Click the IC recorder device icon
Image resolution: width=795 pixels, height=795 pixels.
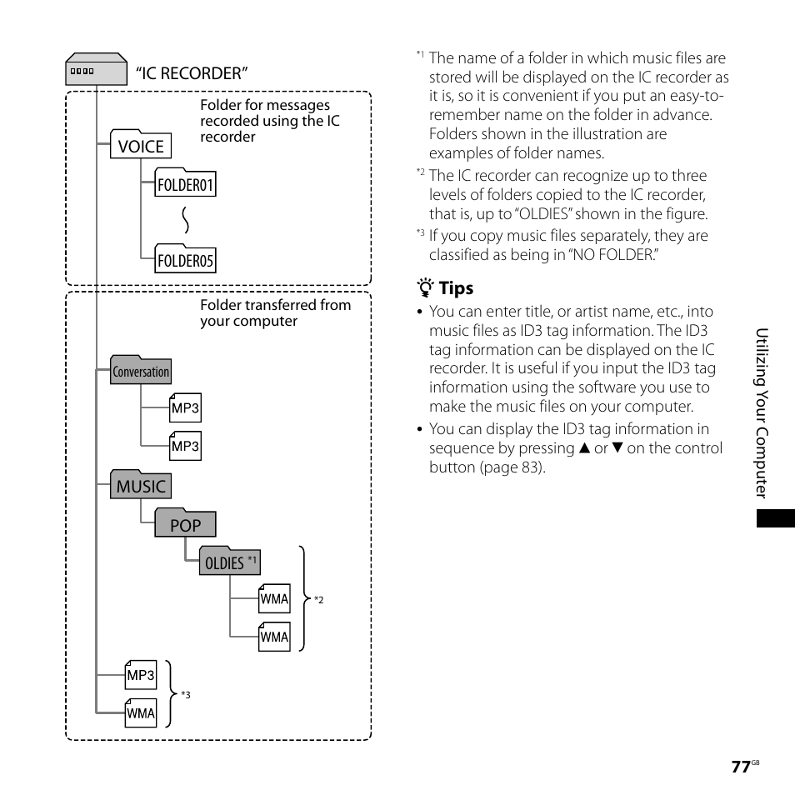pos(83,72)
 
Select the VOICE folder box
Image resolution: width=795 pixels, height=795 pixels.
pos(141,146)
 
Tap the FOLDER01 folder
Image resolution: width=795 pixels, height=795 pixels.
pos(186,184)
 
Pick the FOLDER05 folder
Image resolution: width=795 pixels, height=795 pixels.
pos(186,261)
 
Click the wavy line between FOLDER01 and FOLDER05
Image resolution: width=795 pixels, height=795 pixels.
pos(186,222)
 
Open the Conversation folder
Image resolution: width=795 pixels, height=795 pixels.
pos(141,371)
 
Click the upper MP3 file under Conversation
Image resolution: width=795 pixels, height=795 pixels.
pos(185,407)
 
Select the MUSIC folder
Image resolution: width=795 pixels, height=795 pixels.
pos(141,486)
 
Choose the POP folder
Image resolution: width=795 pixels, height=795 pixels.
pos(185,524)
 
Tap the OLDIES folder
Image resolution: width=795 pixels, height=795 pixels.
pos(229,562)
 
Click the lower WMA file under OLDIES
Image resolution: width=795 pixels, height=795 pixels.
pos(274,637)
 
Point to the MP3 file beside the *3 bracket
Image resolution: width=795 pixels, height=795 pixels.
pos(140,675)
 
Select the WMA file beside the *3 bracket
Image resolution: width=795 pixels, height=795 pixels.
pos(140,712)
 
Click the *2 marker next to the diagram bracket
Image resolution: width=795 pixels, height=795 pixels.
pos(318,600)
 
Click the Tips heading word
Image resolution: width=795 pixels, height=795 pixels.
pos(456,288)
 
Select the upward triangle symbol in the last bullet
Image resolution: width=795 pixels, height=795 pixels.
pos(583,448)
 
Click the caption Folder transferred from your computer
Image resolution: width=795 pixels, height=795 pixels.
pos(275,312)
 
